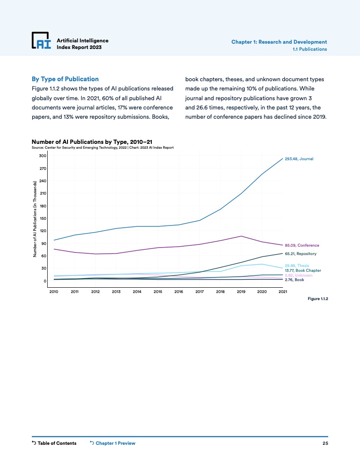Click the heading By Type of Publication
click(x=65, y=79)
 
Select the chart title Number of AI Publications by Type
click(x=92, y=142)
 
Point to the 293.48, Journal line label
click(x=299, y=159)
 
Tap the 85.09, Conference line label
click(x=302, y=245)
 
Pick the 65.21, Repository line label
click(x=300, y=254)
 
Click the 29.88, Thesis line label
click(x=296, y=266)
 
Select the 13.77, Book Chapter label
click(x=303, y=270)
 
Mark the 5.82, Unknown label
click(x=298, y=275)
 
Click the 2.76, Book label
click(x=294, y=280)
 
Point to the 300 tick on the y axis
click(x=42, y=156)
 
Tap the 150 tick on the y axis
click(x=42, y=218)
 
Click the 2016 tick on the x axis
click(x=179, y=292)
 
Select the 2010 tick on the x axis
click(x=54, y=292)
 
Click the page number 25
click(x=325, y=443)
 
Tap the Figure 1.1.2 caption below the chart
click(x=318, y=299)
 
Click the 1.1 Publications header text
click(x=310, y=49)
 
